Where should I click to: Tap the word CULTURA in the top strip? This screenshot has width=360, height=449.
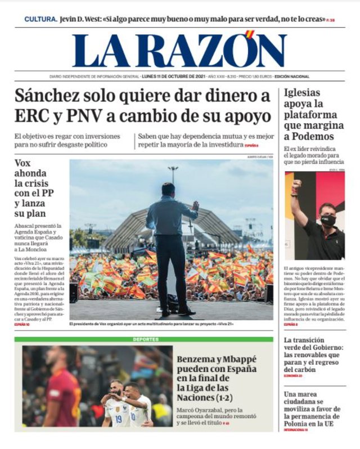40,19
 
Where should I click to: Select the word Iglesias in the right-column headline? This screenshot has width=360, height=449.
301,93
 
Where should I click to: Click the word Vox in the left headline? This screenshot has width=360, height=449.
22,164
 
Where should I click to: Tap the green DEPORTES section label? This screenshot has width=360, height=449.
146,339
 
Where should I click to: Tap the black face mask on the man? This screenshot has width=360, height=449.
328,220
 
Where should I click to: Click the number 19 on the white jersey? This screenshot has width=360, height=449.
118,418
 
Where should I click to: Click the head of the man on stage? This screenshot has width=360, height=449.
168,189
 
